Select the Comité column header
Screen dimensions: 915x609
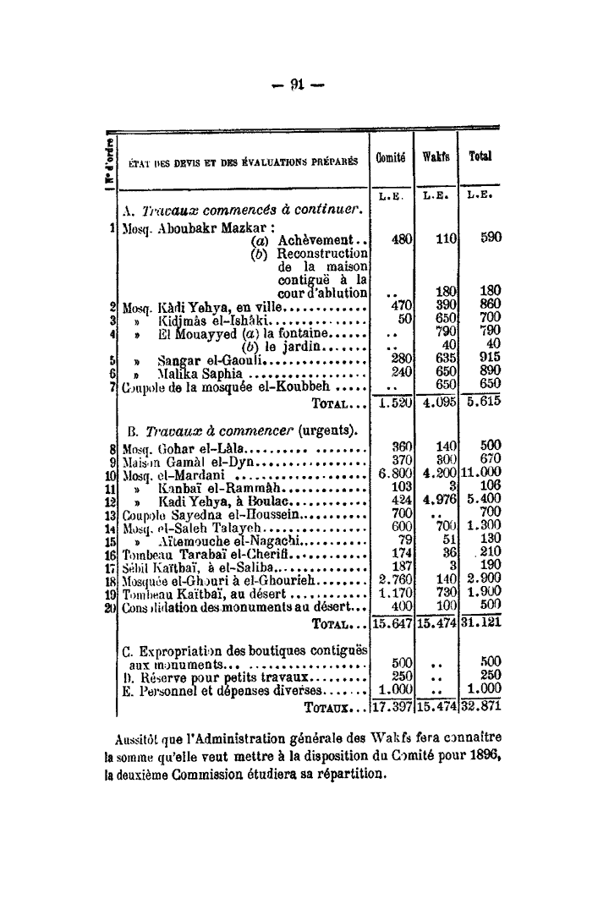coord(392,158)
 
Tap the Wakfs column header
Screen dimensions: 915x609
coord(435,158)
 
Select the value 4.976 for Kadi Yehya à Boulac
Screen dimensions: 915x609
coord(436,500)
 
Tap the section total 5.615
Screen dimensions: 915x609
coord(482,403)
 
